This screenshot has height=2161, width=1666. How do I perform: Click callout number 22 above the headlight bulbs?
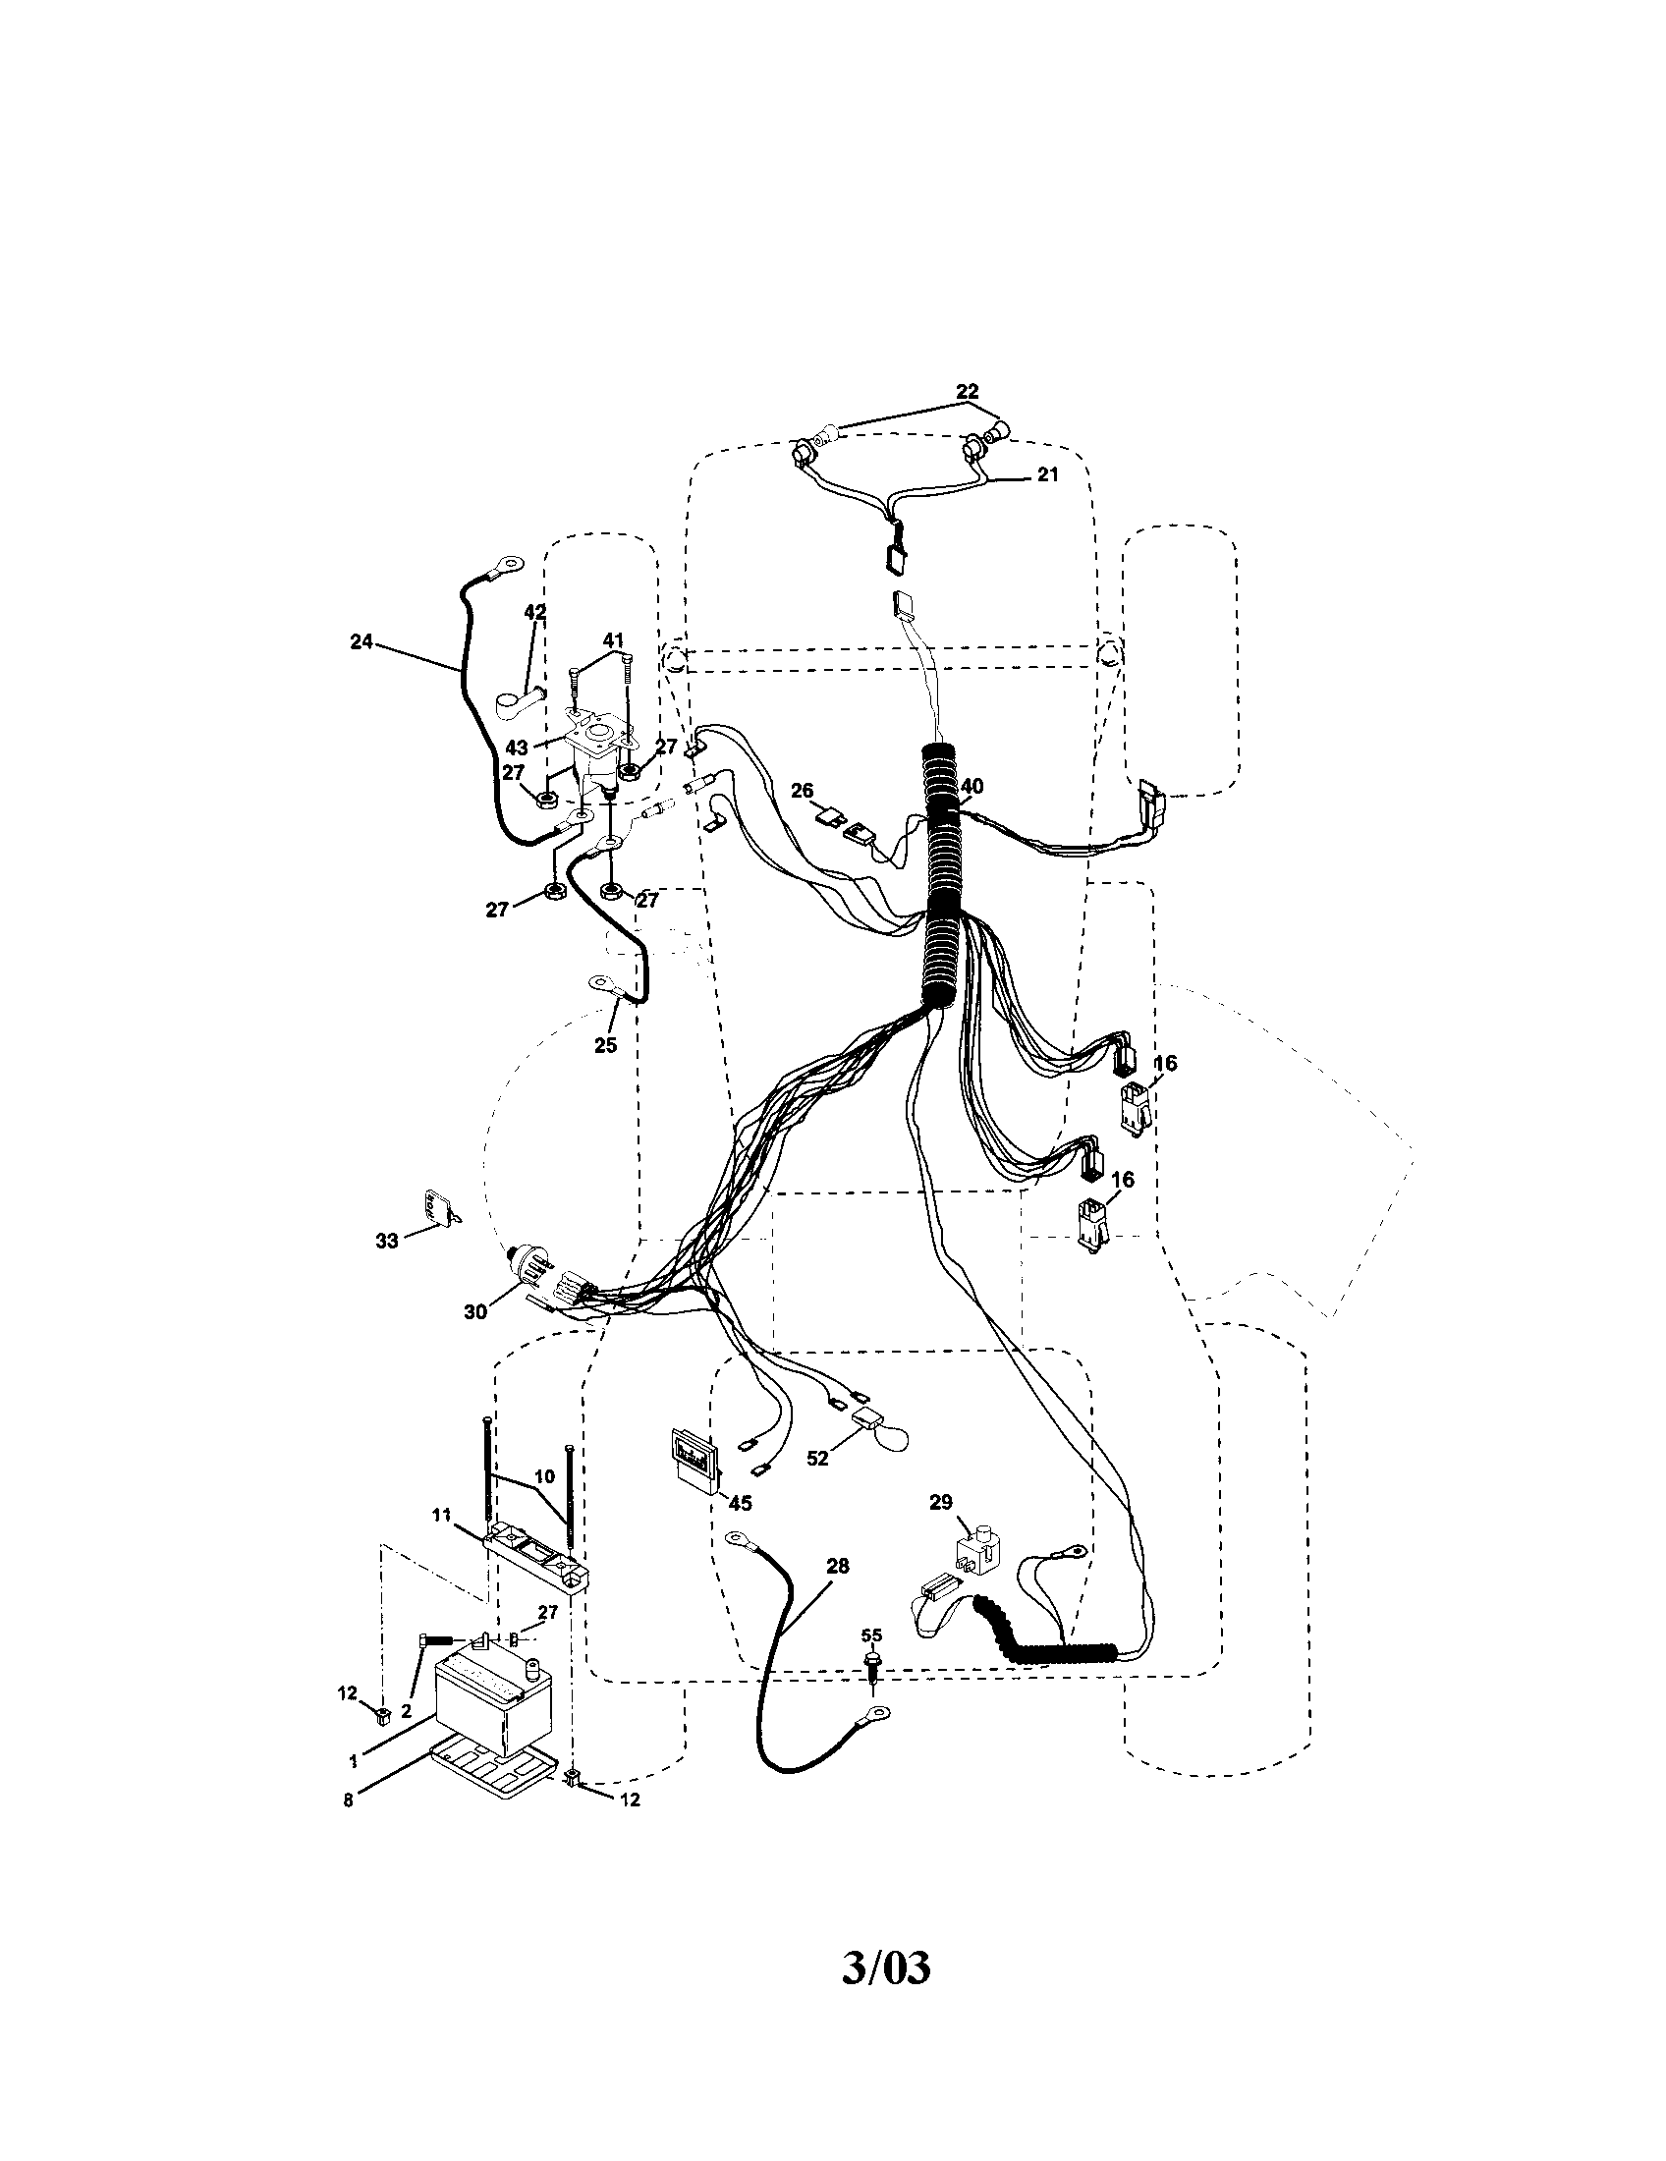coord(967,392)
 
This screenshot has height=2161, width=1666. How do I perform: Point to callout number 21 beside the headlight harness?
coord(1047,474)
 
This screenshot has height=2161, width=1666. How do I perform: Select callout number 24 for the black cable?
coord(361,641)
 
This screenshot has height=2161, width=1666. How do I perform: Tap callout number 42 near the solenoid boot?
coord(534,613)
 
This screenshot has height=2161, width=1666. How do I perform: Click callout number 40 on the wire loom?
coord(972,785)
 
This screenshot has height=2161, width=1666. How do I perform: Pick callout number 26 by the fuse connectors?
coord(802,790)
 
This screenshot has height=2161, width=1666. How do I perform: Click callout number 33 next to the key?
coord(386,1241)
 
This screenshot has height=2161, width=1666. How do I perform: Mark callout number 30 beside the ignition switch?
coord(474,1311)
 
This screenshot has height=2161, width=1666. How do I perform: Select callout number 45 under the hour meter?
coord(740,1503)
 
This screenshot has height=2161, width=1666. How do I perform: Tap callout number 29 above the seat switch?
coord(940,1502)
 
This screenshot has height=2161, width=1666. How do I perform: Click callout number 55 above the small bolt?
coord(870,1635)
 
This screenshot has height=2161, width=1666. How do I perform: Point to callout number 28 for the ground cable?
coord(837,1566)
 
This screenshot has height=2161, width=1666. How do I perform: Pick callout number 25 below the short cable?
coord(605,1044)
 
